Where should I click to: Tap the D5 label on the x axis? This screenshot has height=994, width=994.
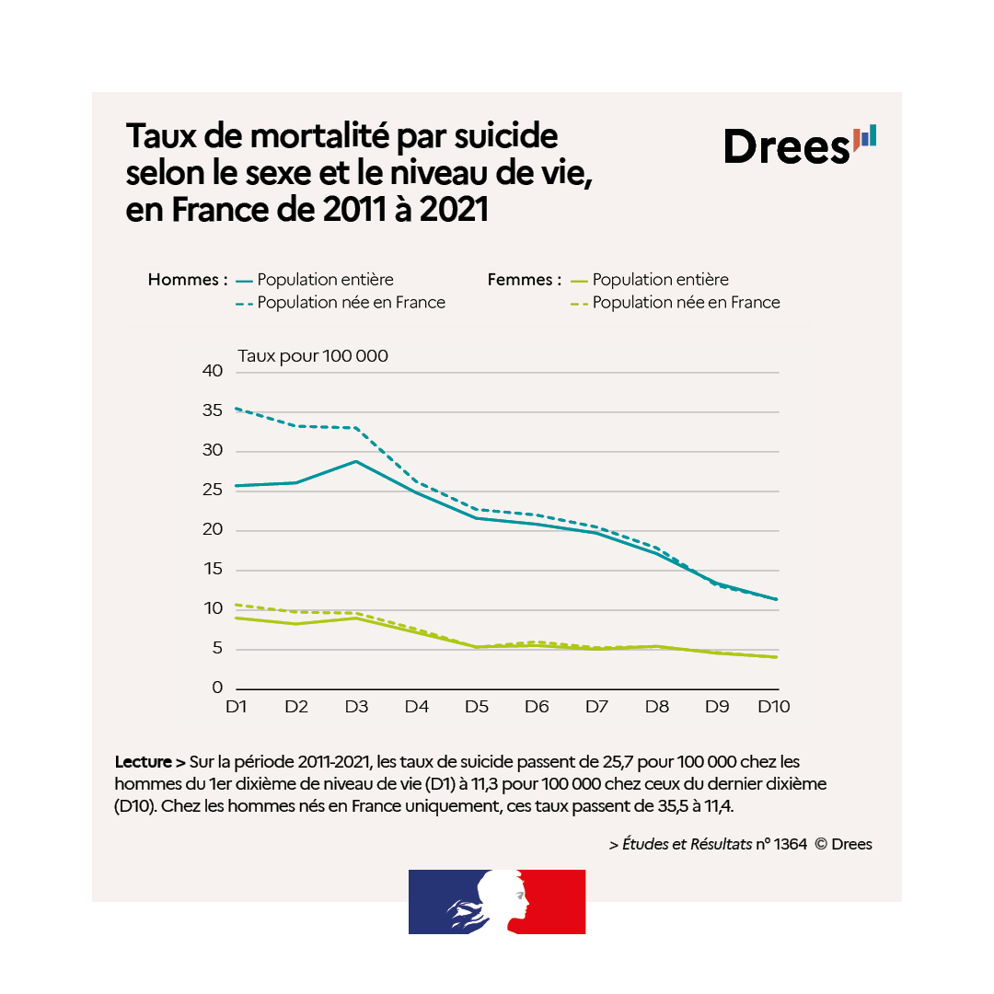[476, 707]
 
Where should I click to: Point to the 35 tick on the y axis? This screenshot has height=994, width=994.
[212, 410]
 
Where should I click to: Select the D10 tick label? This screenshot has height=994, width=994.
[773, 707]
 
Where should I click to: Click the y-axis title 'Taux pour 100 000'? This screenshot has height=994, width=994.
[313, 356]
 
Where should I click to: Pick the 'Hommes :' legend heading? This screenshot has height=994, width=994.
[188, 280]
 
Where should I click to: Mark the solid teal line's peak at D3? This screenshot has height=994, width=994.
[356, 461]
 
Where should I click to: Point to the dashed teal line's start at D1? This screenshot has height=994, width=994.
[237, 408]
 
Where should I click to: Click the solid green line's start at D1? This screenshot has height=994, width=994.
[237, 618]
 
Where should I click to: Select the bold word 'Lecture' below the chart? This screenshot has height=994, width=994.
[143, 762]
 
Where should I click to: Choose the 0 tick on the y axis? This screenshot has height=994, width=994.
[217, 688]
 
